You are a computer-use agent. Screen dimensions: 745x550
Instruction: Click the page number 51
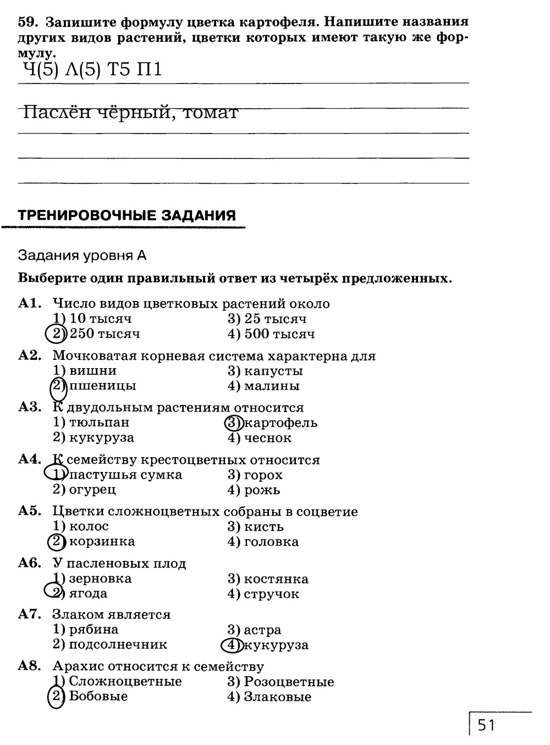[x=486, y=725]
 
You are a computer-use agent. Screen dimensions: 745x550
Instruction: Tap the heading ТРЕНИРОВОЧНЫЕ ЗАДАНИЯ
[x=127, y=215]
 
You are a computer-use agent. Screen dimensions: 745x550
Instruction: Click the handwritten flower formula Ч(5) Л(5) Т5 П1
[x=92, y=70]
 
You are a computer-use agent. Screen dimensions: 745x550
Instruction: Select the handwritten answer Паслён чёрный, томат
[x=131, y=112]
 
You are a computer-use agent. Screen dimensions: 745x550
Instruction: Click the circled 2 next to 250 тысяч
[x=55, y=334]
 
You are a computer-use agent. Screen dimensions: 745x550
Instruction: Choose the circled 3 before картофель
[x=234, y=423]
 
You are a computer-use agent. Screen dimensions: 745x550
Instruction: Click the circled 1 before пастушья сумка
[x=56, y=474]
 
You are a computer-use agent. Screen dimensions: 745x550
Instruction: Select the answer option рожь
[x=262, y=490]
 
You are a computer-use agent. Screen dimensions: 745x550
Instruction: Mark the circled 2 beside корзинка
[x=56, y=542]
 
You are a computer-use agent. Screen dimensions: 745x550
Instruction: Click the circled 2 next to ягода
[x=54, y=593]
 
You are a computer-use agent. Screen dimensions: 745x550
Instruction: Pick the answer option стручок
[x=271, y=594]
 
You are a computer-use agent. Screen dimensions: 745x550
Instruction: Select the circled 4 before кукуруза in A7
[x=232, y=645]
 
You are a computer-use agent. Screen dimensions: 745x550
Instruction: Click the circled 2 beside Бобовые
[x=56, y=697]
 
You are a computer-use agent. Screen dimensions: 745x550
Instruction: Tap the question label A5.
[x=30, y=511]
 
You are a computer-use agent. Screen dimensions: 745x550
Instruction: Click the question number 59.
[x=27, y=22]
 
